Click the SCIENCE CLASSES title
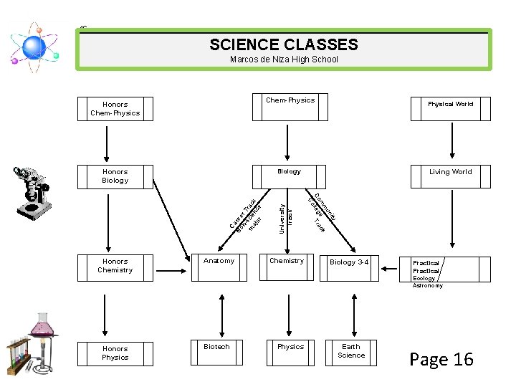coord(284,45)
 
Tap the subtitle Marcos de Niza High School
coord(284,60)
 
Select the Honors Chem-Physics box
coord(115,109)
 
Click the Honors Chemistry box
coord(115,267)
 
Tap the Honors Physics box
coord(115,353)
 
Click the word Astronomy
coord(428,285)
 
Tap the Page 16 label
coord(441,360)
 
